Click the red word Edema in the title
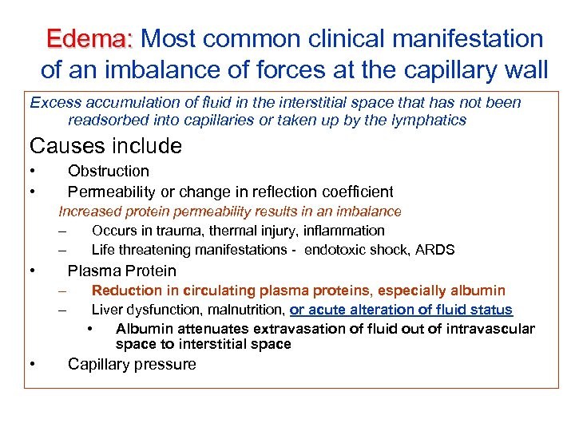[x=89, y=39]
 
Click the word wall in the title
[x=520, y=70]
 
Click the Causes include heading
[x=105, y=146]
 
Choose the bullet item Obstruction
[x=109, y=171]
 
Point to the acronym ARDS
[x=436, y=250]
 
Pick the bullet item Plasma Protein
[x=122, y=271]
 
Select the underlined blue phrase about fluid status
[x=401, y=310]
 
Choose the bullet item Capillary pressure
[x=132, y=365]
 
